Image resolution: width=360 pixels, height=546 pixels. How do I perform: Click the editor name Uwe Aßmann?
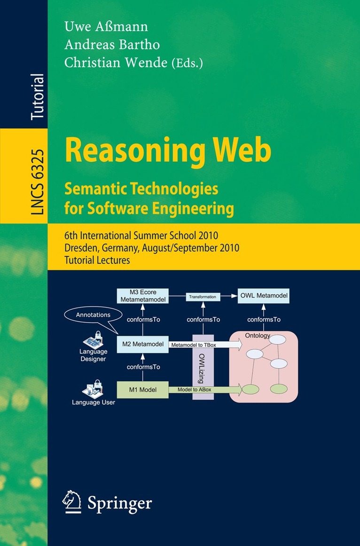point(106,26)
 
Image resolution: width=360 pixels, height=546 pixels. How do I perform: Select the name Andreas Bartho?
point(112,45)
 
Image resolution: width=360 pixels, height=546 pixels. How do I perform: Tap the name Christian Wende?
point(116,63)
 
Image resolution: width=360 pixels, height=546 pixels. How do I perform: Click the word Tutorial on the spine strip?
point(38,97)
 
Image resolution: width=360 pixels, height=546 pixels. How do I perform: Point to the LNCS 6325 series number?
point(38,182)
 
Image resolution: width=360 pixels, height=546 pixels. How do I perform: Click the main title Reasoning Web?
point(168,150)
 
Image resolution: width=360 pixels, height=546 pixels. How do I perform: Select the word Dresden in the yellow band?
point(79,248)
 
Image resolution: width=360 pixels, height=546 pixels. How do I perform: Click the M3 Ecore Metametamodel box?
point(142,296)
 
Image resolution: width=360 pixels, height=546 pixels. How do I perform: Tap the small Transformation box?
point(203,297)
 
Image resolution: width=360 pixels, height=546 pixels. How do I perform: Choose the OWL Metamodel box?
point(264,296)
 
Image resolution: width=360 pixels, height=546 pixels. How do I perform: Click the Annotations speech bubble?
point(93,315)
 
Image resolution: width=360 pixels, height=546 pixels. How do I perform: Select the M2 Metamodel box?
point(142,344)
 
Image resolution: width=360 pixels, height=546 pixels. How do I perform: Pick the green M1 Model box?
point(142,390)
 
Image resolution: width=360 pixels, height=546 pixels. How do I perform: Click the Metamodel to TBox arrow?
point(205,345)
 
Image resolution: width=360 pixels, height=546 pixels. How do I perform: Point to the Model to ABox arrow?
point(205,390)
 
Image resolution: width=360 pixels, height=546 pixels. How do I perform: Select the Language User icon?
point(93,389)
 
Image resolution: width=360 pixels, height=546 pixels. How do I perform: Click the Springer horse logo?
point(71,502)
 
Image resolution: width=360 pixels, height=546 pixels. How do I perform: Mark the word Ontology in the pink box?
point(258,336)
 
